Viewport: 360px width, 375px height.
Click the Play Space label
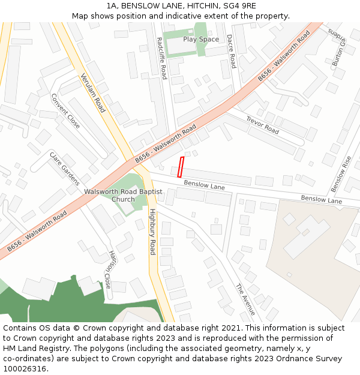click(x=201, y=40)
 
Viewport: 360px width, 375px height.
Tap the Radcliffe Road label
click(x=161, y=58)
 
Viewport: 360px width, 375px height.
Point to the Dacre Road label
click(x=230, y=51)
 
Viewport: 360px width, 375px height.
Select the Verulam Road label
click(x=93, y=92)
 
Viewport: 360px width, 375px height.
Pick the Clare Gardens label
click(x=64, y=169)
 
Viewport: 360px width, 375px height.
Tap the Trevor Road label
click(x=262, y=125)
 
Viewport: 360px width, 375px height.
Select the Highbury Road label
click(x=152, y=232)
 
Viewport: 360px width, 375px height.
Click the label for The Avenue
click(x=245, y=299)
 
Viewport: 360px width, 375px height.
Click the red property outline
click(x=181, y=167)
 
